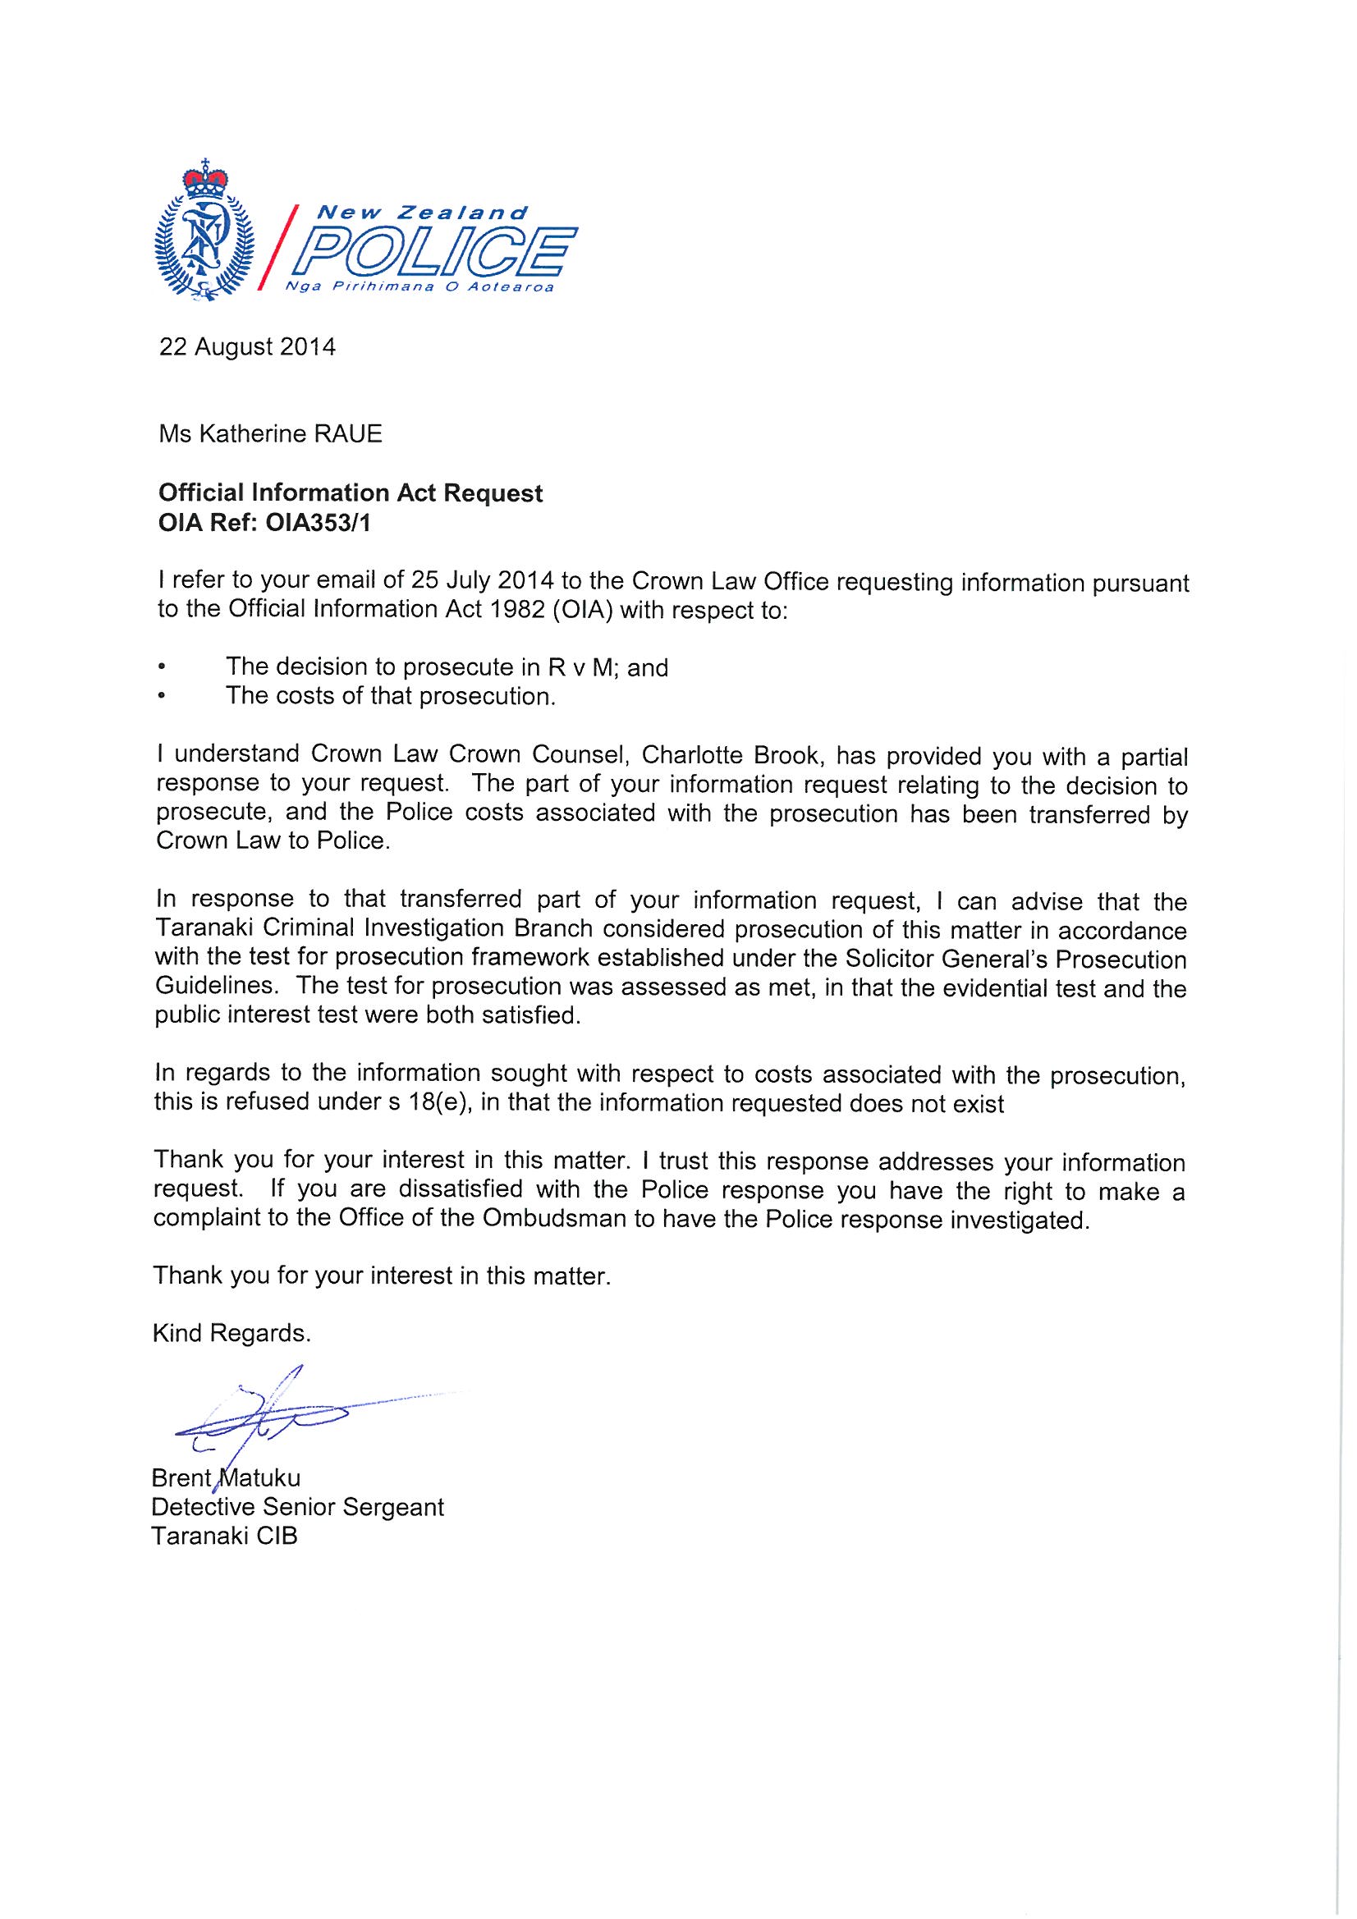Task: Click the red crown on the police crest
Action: (x=205, y=177)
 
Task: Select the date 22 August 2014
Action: (x=247, y=347)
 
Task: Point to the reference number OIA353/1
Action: (x=307, y=521)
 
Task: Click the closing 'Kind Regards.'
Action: (x=232, y=1334)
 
